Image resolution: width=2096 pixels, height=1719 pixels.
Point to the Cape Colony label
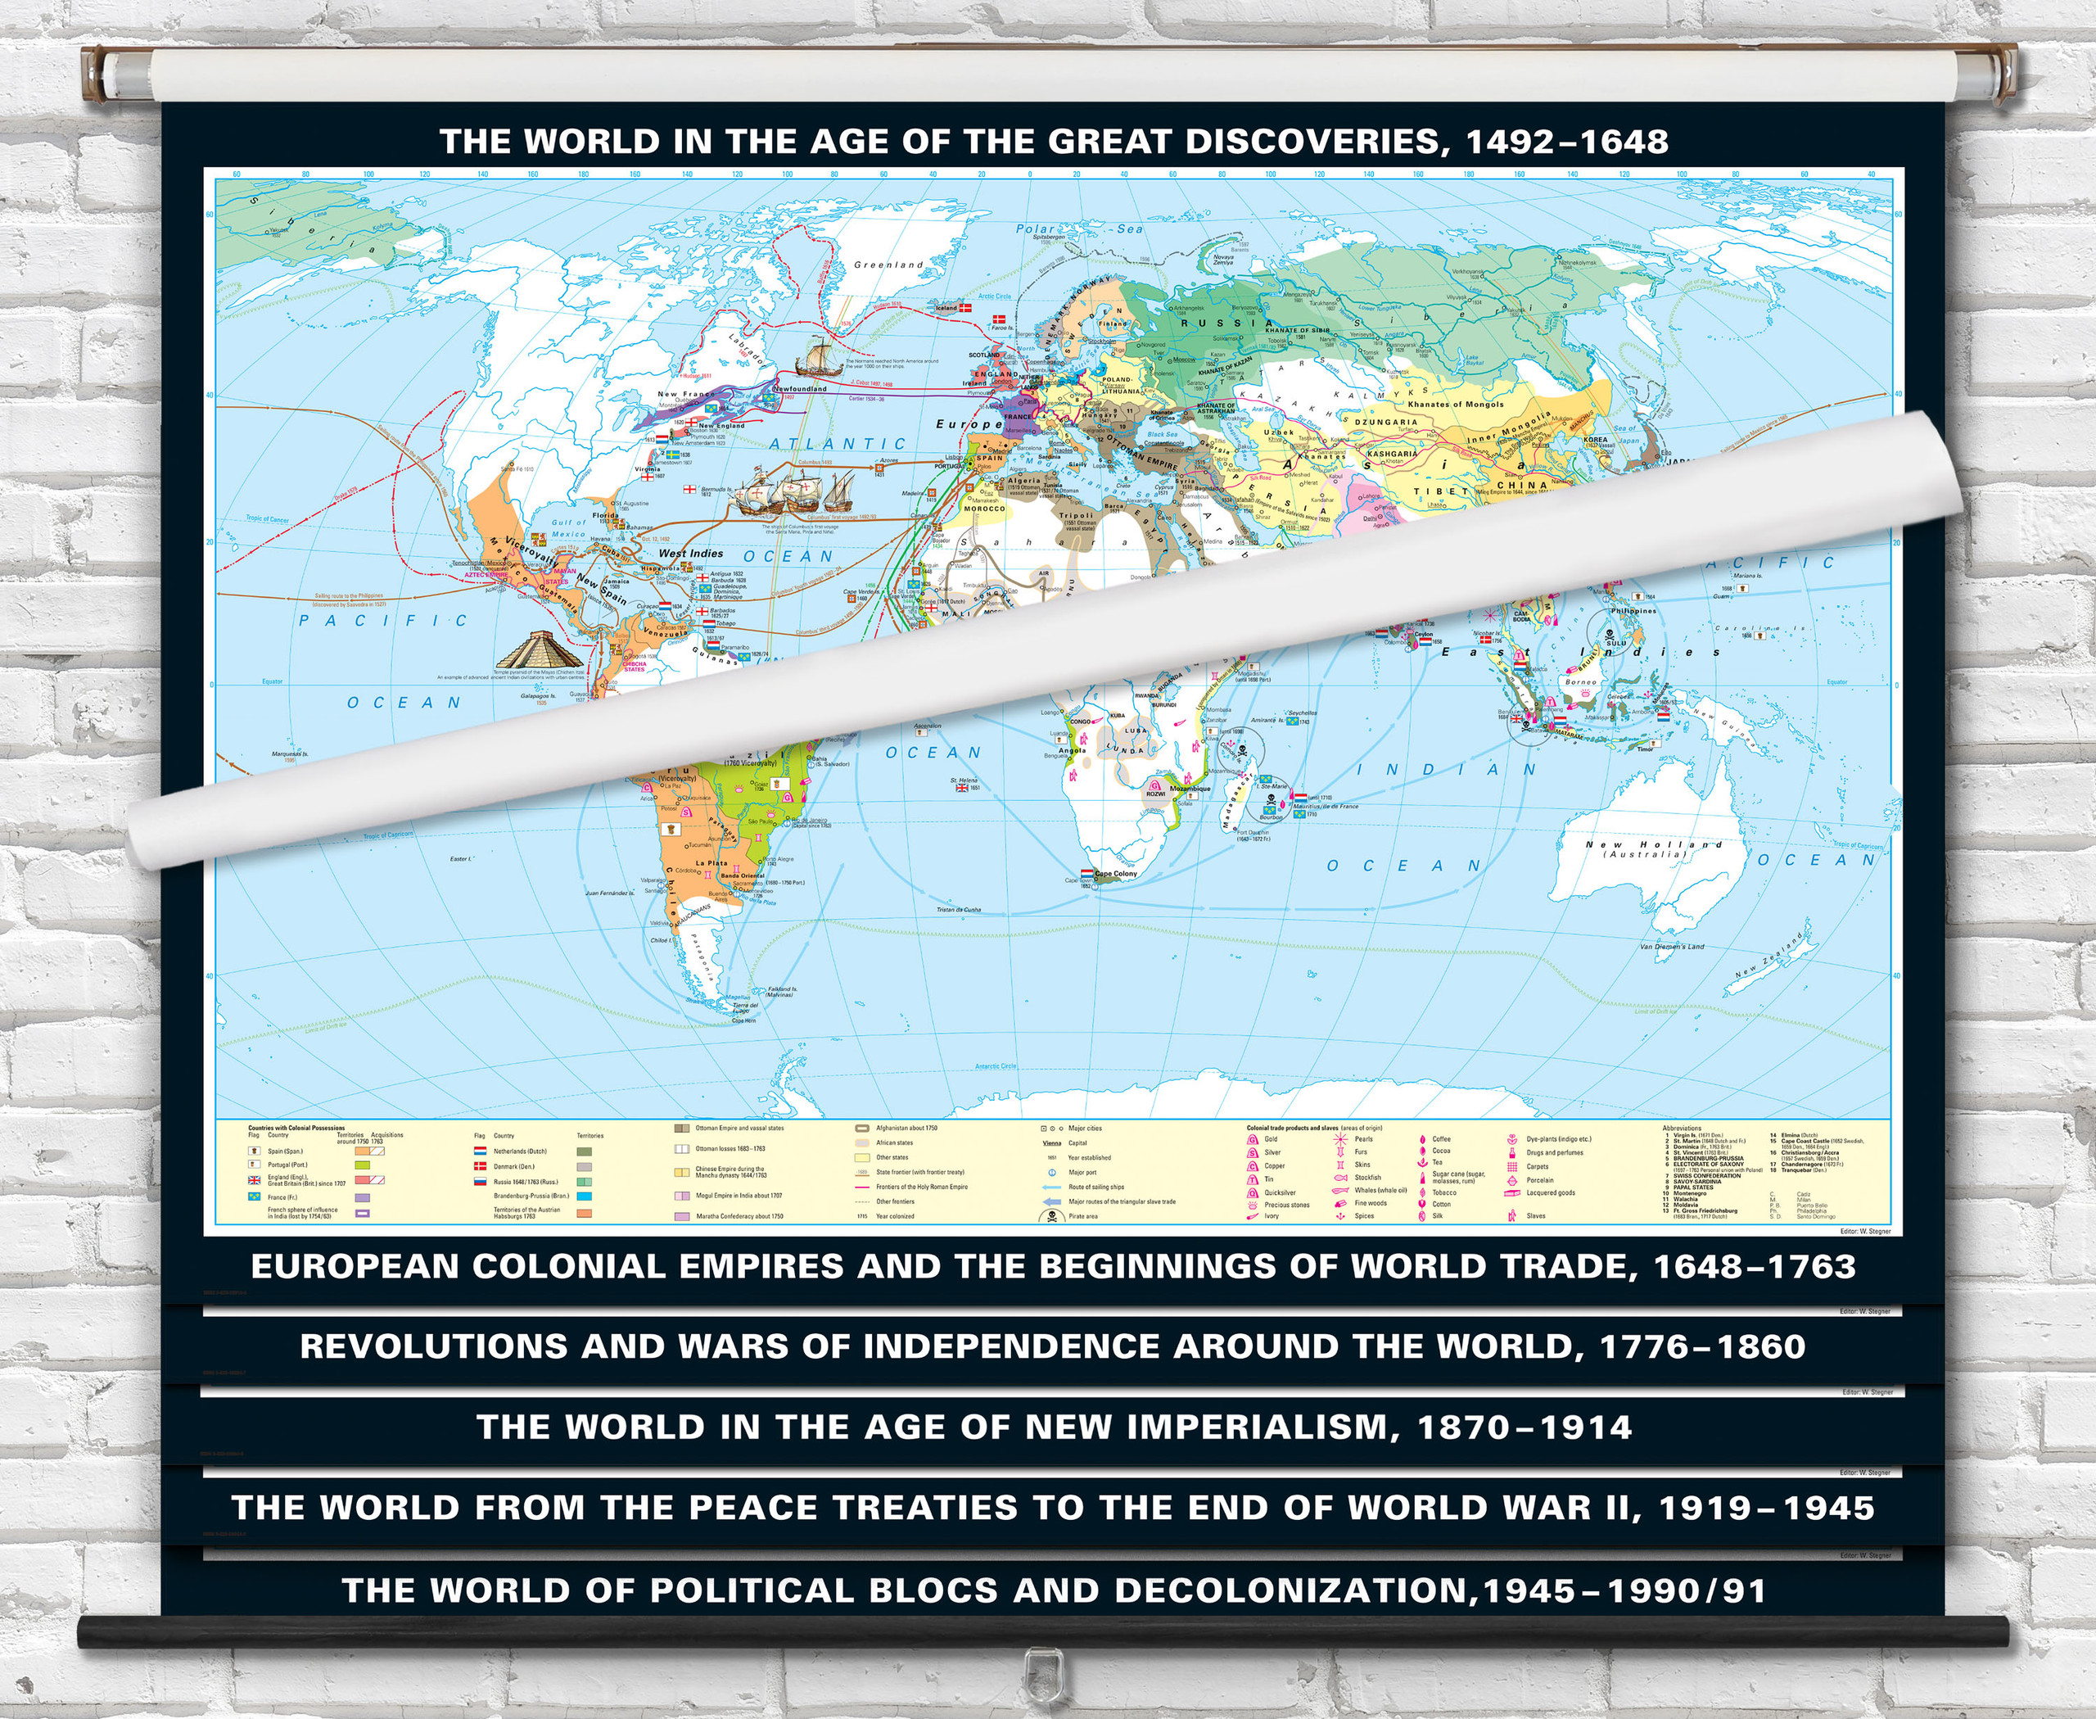[x=1115, y=873]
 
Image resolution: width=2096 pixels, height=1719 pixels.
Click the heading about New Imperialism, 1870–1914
[x=1054, y=1427]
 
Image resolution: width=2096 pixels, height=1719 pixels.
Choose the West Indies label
[x=691, y=554]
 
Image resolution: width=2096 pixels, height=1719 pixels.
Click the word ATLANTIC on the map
[x=838, y=445]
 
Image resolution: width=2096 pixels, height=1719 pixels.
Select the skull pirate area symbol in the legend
[x=1046, y=1216]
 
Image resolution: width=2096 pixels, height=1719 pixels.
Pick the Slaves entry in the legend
[x=1536, y=1216]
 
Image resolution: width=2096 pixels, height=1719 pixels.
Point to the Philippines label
[x=1633, y=611]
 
